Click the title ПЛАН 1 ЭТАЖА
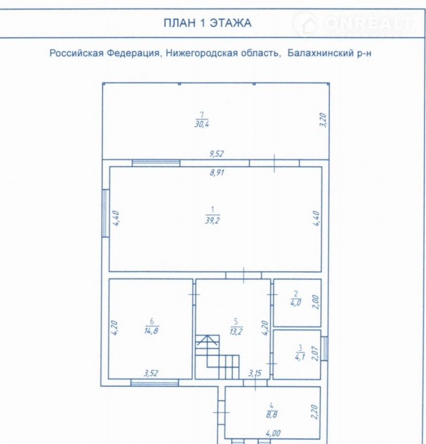[207, 23]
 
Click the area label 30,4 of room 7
[202, 124]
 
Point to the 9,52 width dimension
[217, 154]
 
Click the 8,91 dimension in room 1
[217, 172]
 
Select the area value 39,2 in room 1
[212, 221]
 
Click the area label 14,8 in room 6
[151, 331]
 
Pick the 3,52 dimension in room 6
[151, 373]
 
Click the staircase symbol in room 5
[217, 357]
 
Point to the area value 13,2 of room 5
[236, 331]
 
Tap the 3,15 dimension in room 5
[255, 373]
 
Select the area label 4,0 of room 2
[296, 303]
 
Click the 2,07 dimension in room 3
[315, 353]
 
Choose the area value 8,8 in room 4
[272, 415]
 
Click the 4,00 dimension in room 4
[273, 433]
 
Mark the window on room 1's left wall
[105, 213]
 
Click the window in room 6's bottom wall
[154, 383]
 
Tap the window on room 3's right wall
[325, 348]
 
